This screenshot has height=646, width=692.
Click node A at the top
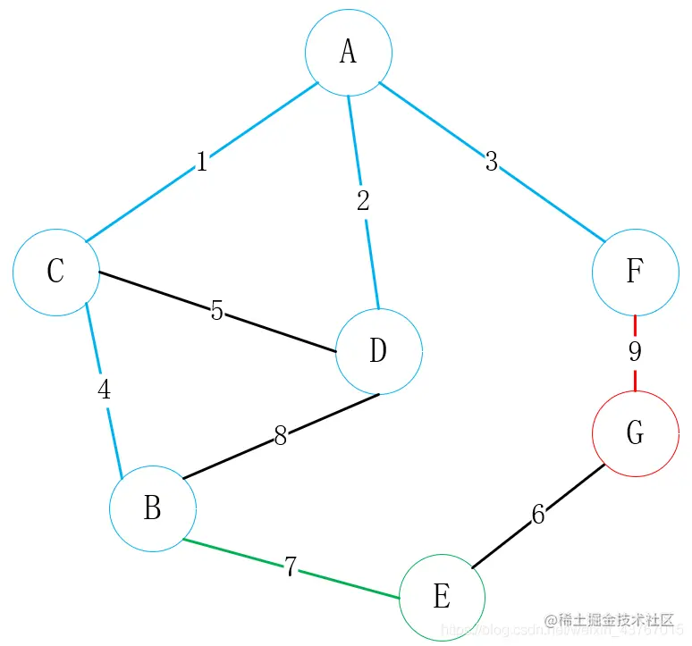click(x=349, y=53)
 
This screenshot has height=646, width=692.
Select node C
click(x=56, y=272)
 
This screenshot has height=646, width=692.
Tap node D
click(x=378, y=351)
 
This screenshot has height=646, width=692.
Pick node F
click(x=635, y=272)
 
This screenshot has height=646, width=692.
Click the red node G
click(x=635, y=433)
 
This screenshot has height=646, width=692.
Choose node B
click(x=153, y=508)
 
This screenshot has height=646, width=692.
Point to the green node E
click(x=442, y=597)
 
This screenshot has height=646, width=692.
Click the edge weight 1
click(x=202, y=162)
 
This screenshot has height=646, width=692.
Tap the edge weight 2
click(x=362, y=201)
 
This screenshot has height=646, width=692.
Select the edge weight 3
click(x=491, y=163)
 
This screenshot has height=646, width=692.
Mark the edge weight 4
click(x=105, y=390)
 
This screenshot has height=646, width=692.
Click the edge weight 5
click(x=216, y=311)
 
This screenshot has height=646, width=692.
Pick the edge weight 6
click(x=537, y=515)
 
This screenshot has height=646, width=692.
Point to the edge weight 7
click(x=290, y=567)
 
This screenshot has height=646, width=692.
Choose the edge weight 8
click(x=281, y=436)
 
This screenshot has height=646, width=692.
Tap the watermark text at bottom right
click(x=608, y=620)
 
